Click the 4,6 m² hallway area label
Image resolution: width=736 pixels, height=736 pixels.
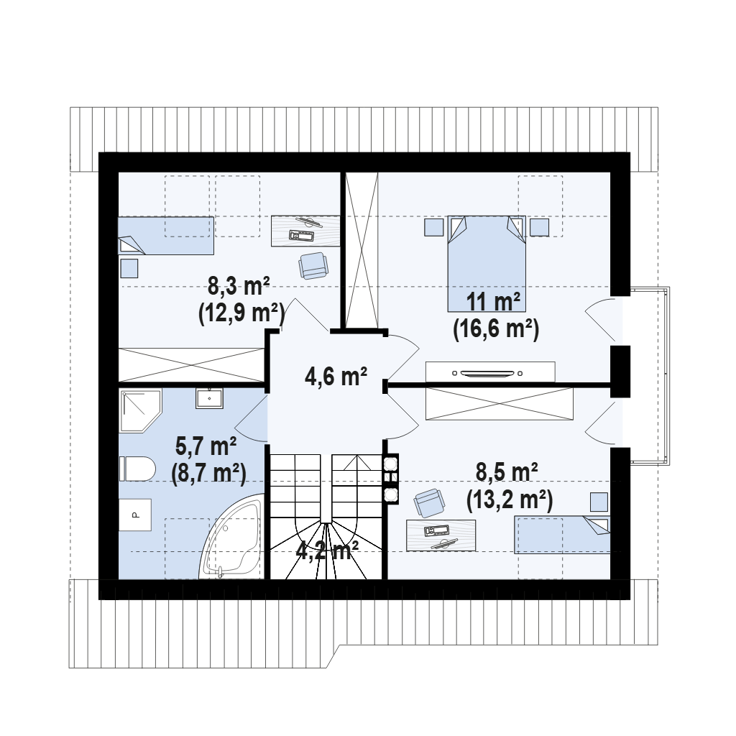coord(336,376)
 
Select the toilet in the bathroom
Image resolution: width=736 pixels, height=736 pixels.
coord(137,469)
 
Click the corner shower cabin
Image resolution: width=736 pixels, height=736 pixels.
coord(140,410)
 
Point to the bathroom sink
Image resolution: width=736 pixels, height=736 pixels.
coord(209,398)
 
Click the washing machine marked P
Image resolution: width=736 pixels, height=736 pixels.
coord(134,515)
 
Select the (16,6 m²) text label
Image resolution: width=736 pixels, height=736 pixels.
coord(496,329)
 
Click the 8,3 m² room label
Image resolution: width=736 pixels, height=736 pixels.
coord(239,285)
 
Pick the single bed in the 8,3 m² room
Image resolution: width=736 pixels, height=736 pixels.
coord(166,236)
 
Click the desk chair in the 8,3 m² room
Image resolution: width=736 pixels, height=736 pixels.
coord(313,265)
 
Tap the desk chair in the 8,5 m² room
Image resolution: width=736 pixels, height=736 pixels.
coord(429,502)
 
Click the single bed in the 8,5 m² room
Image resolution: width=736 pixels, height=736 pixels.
coord(562,535)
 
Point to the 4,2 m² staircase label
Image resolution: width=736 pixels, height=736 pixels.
coord(327,550)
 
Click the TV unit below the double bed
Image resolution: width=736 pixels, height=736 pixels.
coord(490,372)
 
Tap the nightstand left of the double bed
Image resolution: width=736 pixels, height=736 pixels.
coord(433,227)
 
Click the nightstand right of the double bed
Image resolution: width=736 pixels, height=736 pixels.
coord(540,227)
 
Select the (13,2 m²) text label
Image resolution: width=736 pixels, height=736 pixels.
coord(510,500)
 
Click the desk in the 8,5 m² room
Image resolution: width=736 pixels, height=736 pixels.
coord(441,535)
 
